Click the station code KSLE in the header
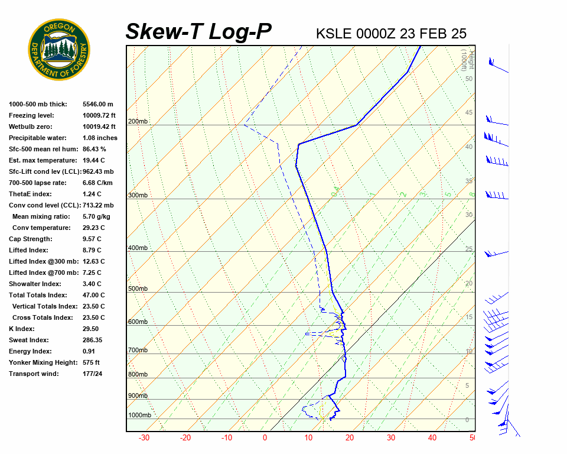(334, 34)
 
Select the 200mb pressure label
(138, 121)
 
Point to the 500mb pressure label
(138, 288)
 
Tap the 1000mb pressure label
(139, 415)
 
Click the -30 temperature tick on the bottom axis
(144, 438)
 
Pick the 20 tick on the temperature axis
(350, 438)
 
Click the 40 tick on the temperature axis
(432, 438)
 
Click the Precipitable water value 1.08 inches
(100, 138)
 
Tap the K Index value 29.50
(91, 329)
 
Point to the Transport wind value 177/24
(93, 374)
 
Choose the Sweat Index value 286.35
(93, 340)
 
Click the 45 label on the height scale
(469, 113)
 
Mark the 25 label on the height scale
(469, 249)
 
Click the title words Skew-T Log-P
(198, 32)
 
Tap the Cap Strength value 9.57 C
(92, 239)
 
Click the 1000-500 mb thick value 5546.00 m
(98, 104)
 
